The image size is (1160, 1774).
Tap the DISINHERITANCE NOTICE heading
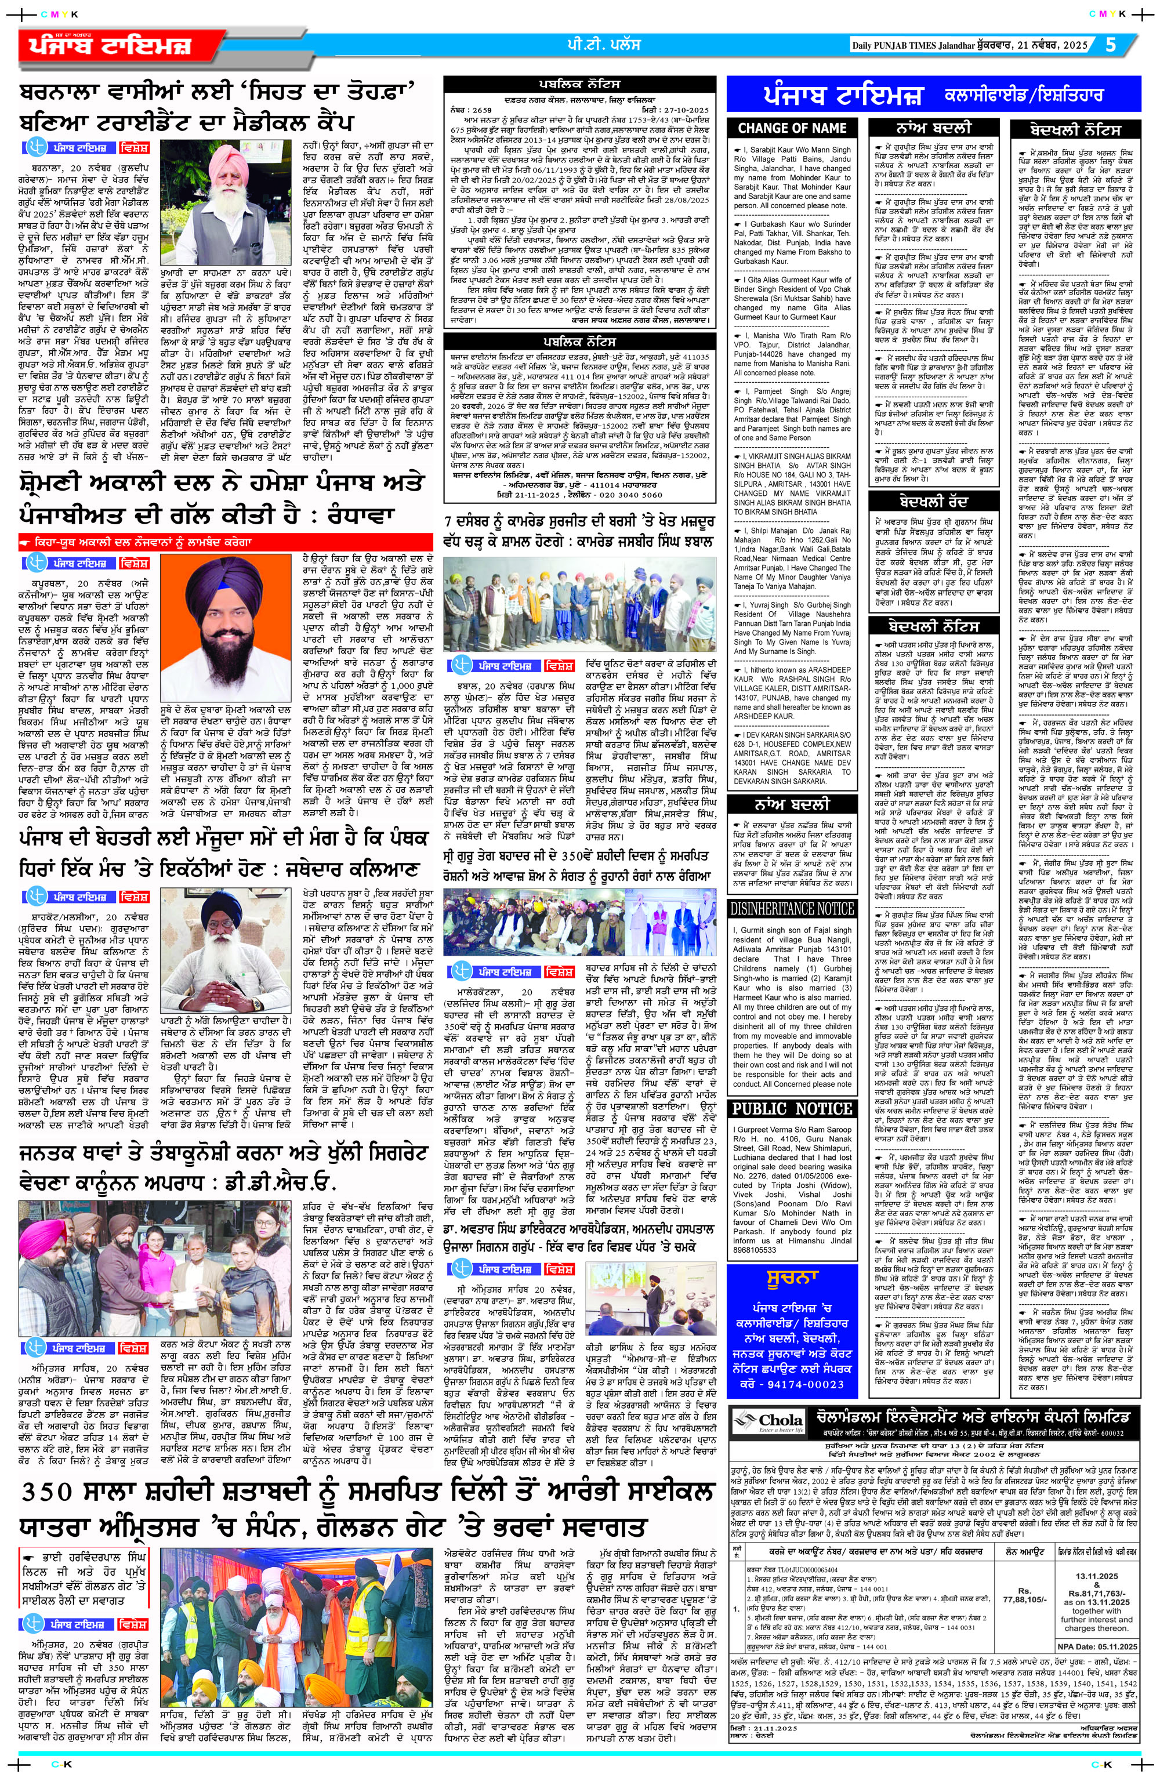(791, 909)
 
